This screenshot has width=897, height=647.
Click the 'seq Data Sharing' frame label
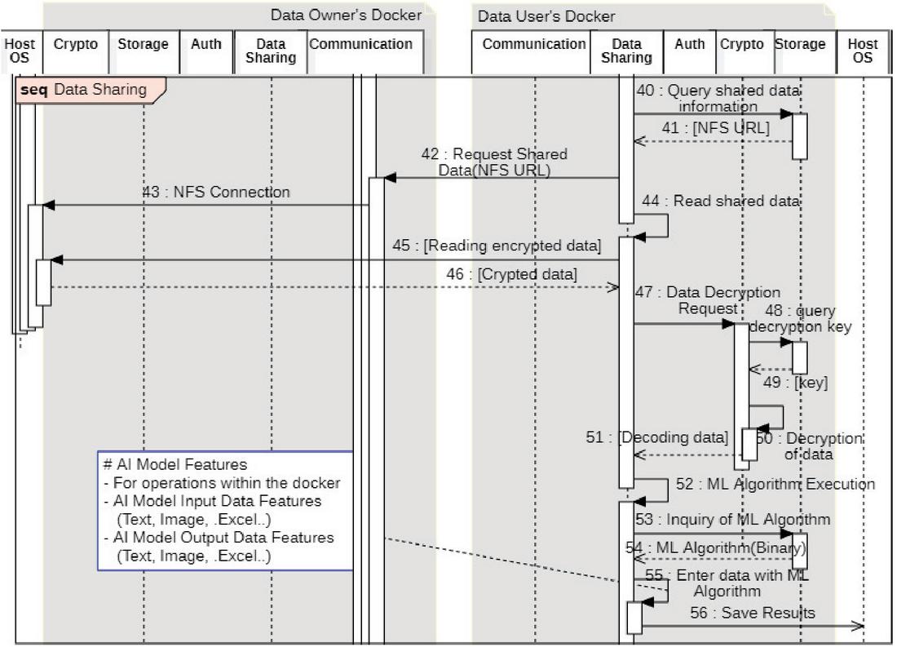90,90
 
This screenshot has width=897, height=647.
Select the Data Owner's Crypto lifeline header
76,45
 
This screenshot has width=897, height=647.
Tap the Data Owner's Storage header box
144,45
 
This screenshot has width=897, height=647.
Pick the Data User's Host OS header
863,51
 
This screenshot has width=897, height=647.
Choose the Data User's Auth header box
690,45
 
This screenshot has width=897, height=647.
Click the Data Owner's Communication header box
360,45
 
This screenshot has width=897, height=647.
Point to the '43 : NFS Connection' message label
215,193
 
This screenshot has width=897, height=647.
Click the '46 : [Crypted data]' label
511,275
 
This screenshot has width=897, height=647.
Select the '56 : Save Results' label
752,614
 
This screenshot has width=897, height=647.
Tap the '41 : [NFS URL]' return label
715,128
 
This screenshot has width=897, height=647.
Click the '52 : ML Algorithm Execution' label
775,485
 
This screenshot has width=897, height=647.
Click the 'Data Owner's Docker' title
347,16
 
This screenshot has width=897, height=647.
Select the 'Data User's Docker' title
546,16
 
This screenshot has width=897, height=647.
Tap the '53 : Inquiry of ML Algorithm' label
733,520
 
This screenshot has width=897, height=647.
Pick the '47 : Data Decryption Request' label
707,299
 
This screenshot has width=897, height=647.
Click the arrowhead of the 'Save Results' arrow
859,626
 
